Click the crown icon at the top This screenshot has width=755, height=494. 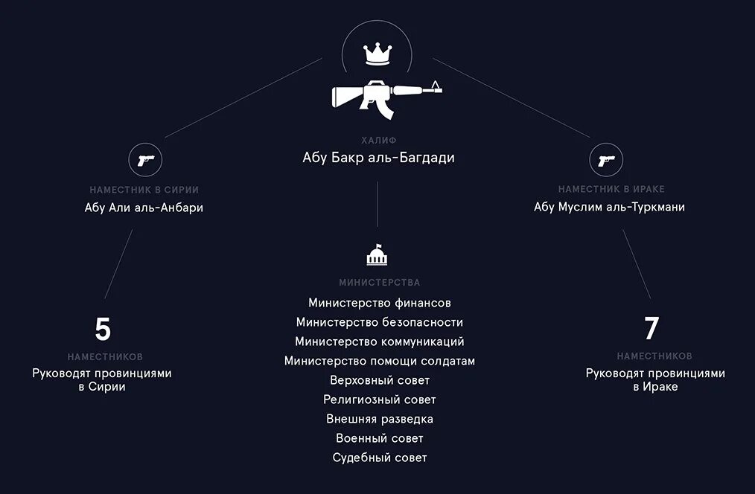pyautogui.click(x=377, y=54)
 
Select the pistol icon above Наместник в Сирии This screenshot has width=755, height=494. pyautogui.click(x=145, y=159)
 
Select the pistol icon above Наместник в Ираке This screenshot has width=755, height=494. pyautogui.click(x=606, y=159)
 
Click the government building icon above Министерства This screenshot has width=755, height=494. pyautogui.click(x=377, y=255)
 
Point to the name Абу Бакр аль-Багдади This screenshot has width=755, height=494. pyautogui.click(x=378, y=158)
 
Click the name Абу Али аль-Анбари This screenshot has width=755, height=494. pyautogui.click(x=144, y=208)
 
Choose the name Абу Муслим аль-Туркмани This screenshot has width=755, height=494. pyautogui.click(x=609, y=208)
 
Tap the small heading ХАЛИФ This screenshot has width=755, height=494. pyautogui.click(x=378, y=140)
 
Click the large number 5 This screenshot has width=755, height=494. pyautogui.click(x=103, y=329)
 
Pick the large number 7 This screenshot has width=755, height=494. pyautogui.click(x=652, y=329)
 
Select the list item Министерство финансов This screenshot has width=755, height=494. pyautogui.click(x=380, y=303)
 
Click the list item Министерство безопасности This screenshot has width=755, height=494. pyautogui.click(x=380, y=322)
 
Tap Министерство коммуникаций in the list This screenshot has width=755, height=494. pyautogui.click(x=380, y=341)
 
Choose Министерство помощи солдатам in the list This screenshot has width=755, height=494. pyautogui.click(x=380, y=361)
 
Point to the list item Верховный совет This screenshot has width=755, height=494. pyautogui.click(x=380, y=380)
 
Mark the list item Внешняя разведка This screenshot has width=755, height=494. pyautogui.click(x=380, y=419)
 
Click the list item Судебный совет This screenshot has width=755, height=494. pyautogui.click(x=380, y=458)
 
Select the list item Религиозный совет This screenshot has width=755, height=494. pyautogui.click(x=380, y=400)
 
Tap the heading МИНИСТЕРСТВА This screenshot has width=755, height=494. pyautogui.click(x=380, y=283)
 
